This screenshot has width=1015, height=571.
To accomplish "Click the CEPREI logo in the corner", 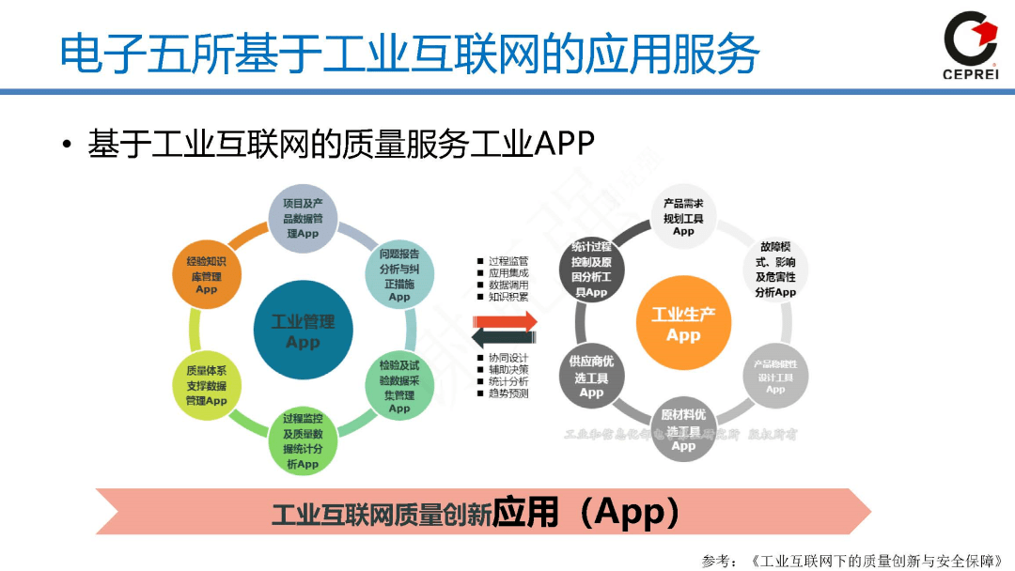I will click(970, 45).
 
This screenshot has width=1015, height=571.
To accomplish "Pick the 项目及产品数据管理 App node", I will click(303, 218).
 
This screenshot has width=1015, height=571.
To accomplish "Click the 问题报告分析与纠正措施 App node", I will click(399, 275).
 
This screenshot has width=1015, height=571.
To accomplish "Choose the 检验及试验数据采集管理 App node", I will click(399, 385).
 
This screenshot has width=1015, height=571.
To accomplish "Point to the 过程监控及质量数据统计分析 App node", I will click(303, 441).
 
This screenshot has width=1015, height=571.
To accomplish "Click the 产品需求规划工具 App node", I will click(683, 217).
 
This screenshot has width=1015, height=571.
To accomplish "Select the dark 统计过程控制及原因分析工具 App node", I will click(591, 269).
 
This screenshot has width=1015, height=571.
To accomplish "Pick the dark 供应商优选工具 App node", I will click(591, 377).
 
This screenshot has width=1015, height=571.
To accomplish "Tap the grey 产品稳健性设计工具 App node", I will click(775, 376).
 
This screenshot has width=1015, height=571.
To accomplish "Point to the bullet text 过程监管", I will click(507, 261).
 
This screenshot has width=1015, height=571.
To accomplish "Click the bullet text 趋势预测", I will click(507, 394).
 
